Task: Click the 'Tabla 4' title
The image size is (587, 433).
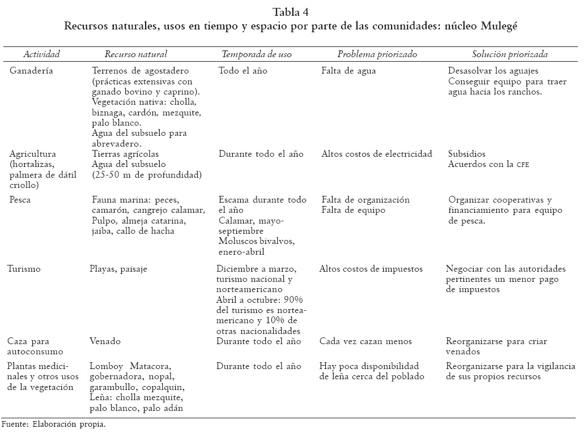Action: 290,12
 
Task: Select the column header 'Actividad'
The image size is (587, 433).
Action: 41,54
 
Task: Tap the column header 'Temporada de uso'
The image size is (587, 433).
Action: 257,54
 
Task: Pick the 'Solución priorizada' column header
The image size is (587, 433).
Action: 510,54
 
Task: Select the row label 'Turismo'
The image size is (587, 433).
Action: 24,269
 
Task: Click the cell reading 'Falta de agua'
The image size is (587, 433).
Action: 348,71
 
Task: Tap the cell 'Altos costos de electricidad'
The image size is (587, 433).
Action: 377,154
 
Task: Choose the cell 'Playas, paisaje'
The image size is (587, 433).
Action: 118,269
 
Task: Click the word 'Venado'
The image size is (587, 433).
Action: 105,341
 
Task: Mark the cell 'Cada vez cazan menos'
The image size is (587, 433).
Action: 365,341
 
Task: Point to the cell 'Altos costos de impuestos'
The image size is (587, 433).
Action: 371,269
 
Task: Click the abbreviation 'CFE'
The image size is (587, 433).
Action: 522,165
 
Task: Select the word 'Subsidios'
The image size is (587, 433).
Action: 467,154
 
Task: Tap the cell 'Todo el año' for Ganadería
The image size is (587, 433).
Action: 243,71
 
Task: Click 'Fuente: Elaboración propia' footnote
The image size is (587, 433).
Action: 53,423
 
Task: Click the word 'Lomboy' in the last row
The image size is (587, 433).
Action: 105,366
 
